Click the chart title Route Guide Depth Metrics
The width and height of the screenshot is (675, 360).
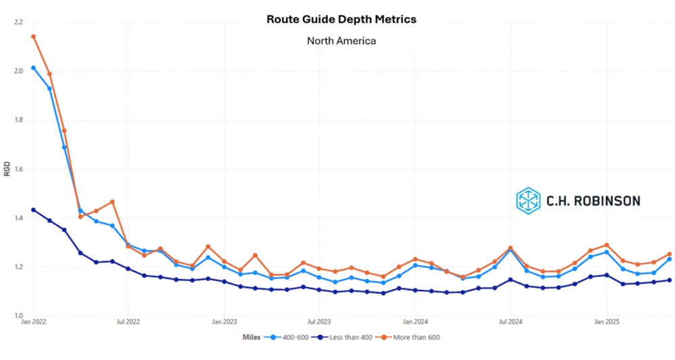[x=341, y=19]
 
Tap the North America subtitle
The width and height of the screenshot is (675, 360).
[x=341, y=41]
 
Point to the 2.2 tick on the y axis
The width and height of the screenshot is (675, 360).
[x=18, y=22]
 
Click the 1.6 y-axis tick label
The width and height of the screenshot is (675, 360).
[x=18, y=170]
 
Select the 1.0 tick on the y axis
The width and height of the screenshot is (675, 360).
[x=18, y=315]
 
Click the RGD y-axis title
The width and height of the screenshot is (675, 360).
[x=7, y=169]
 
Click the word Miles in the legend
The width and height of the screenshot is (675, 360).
[x=252, y=336]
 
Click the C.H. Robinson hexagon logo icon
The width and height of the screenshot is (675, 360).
[x=528, y=200]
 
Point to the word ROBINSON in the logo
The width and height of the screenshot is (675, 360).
[x=607, y=201]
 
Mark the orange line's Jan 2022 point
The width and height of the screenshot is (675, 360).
[x=33, y=36]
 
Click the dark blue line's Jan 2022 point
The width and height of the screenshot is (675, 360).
[x=33, y=210]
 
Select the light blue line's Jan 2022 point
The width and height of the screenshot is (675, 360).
[x=33, y=68]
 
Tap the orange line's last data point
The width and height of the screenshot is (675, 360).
[x=670, y=254]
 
